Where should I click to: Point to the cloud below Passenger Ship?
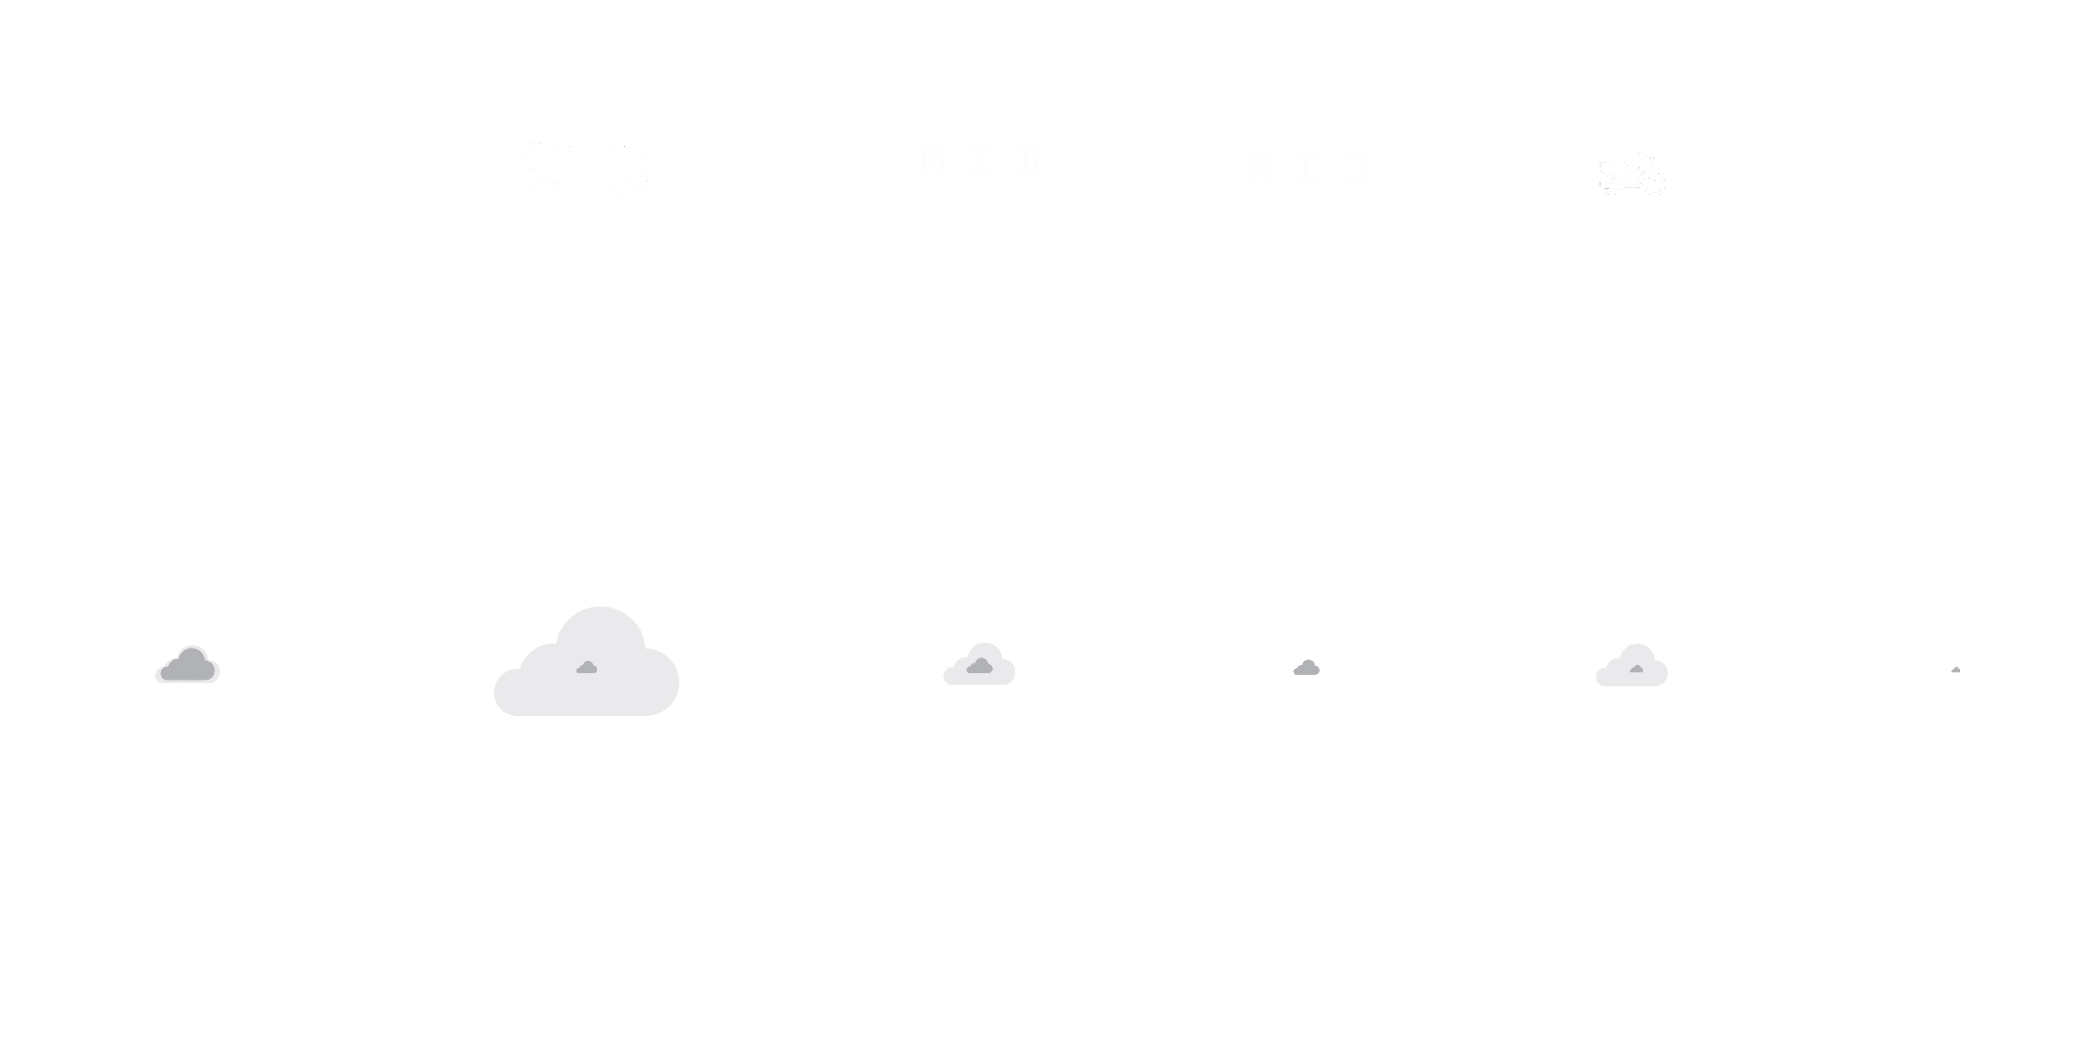click(x=188, y=666)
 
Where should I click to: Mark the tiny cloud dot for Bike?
click(x=1956, y=671)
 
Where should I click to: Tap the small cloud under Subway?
click(x=1306, y=668)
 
